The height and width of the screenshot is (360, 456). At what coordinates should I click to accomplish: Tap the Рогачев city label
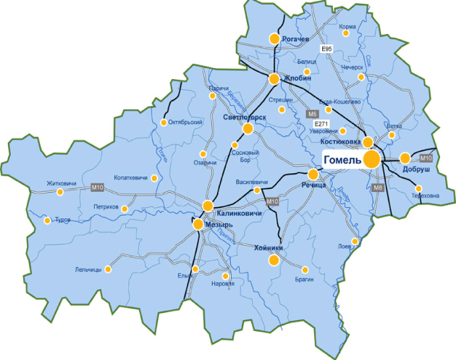(297, 38)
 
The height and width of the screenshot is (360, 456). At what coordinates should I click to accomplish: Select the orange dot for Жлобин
(275, 78)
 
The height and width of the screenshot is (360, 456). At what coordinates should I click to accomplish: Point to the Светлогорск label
(245, 117)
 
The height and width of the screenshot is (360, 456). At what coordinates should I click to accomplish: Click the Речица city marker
(313, 175)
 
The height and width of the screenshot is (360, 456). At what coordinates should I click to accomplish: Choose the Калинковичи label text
(239, 214)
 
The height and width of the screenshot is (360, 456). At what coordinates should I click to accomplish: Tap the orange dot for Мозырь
(198, 225)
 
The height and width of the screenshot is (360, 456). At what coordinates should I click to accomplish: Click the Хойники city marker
(274, 259)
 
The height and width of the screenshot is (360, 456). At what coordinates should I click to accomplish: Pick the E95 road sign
(326, 49)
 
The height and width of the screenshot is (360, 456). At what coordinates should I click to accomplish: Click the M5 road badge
(312, 114)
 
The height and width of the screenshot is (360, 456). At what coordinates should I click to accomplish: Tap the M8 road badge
(376, 188)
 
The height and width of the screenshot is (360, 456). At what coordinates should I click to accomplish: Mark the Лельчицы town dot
(108, 269)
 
